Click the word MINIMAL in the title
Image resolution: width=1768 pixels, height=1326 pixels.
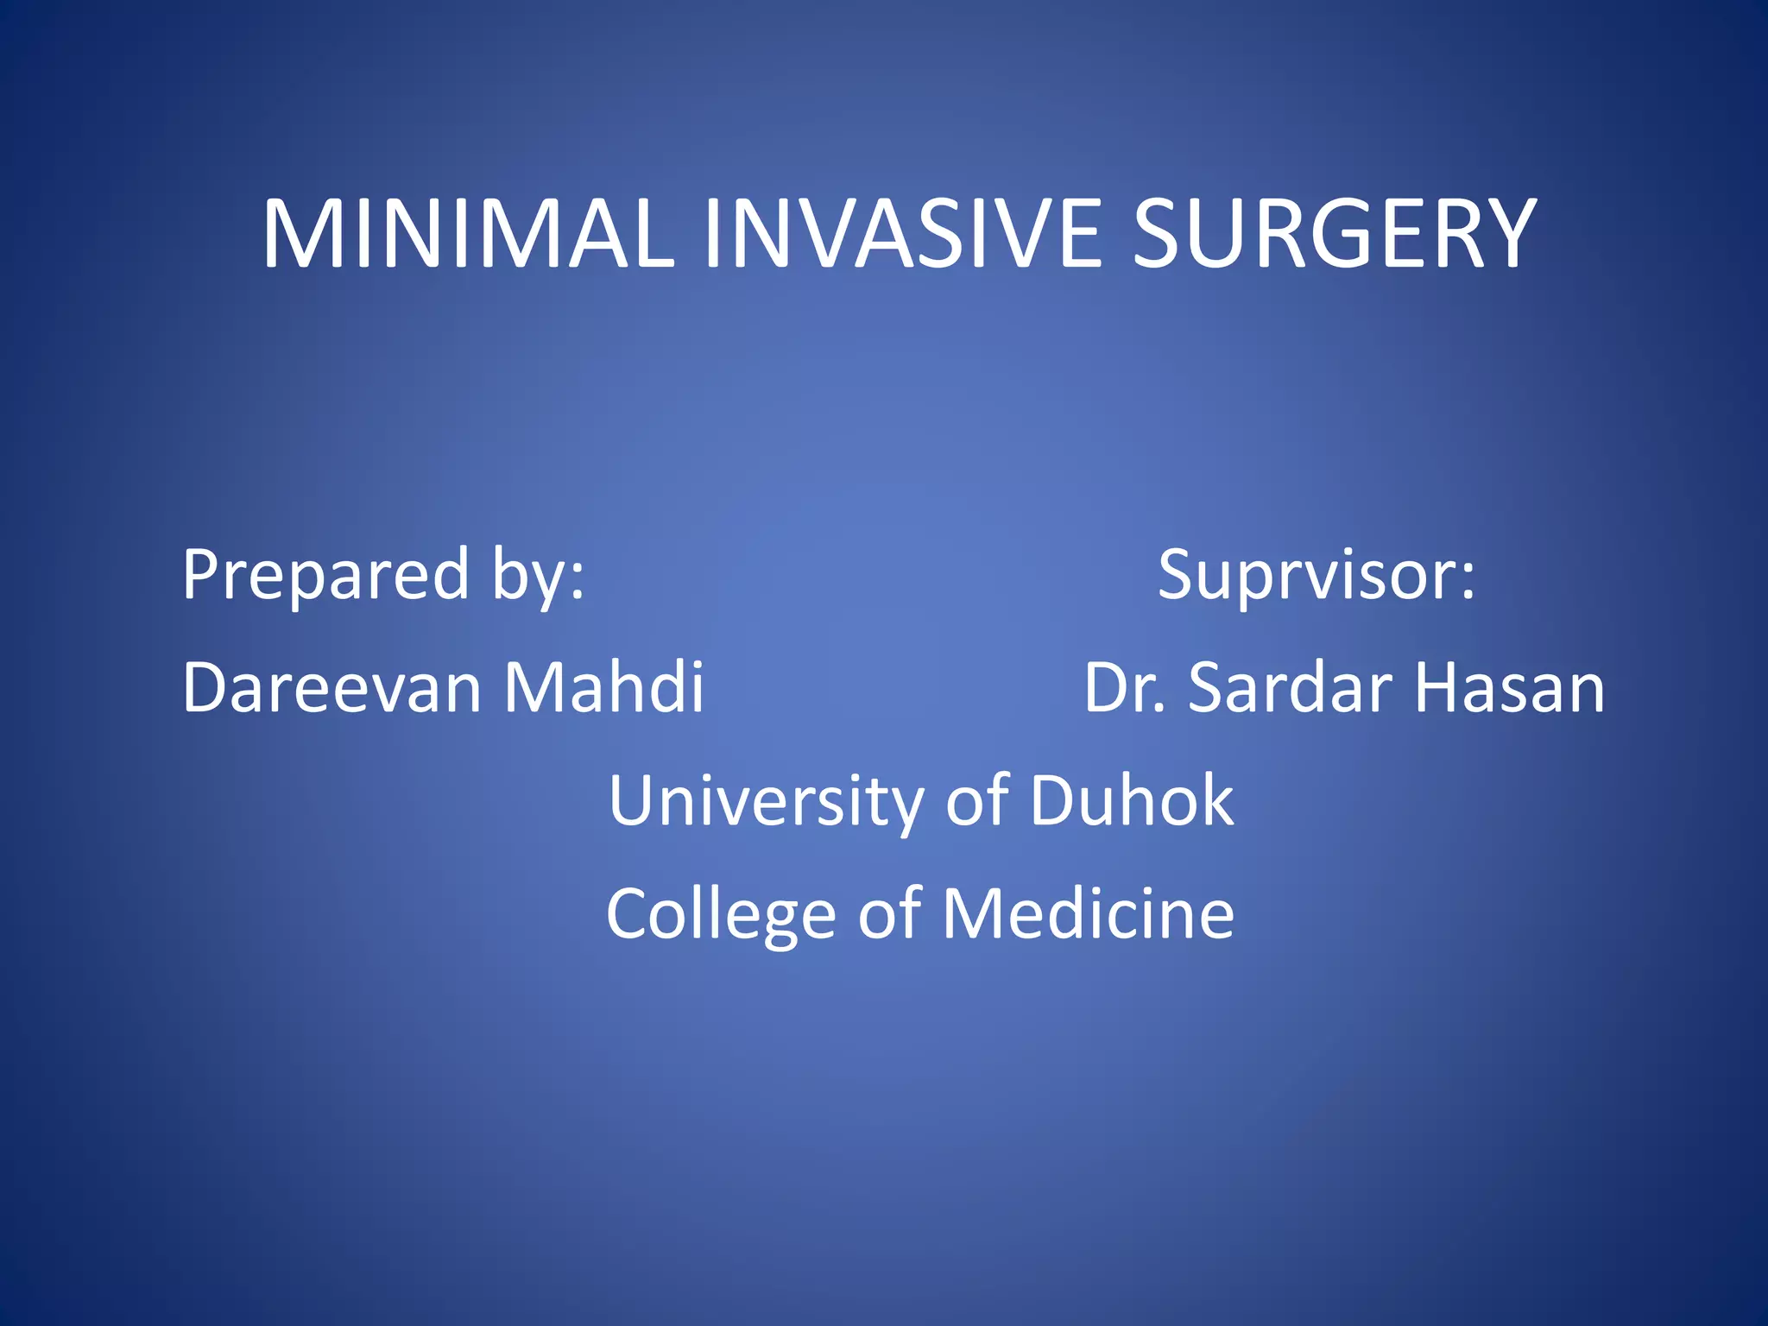coord(468,235)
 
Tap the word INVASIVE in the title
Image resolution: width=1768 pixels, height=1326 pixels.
coord(901,235)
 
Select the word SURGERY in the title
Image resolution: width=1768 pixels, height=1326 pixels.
coord(1334,235)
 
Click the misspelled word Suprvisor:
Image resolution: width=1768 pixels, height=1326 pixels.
coord(1316,575)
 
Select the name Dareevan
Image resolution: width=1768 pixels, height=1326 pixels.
coord(331,688)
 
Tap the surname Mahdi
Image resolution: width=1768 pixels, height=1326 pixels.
coord(603,688)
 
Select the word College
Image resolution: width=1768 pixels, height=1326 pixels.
coord(721,915)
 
